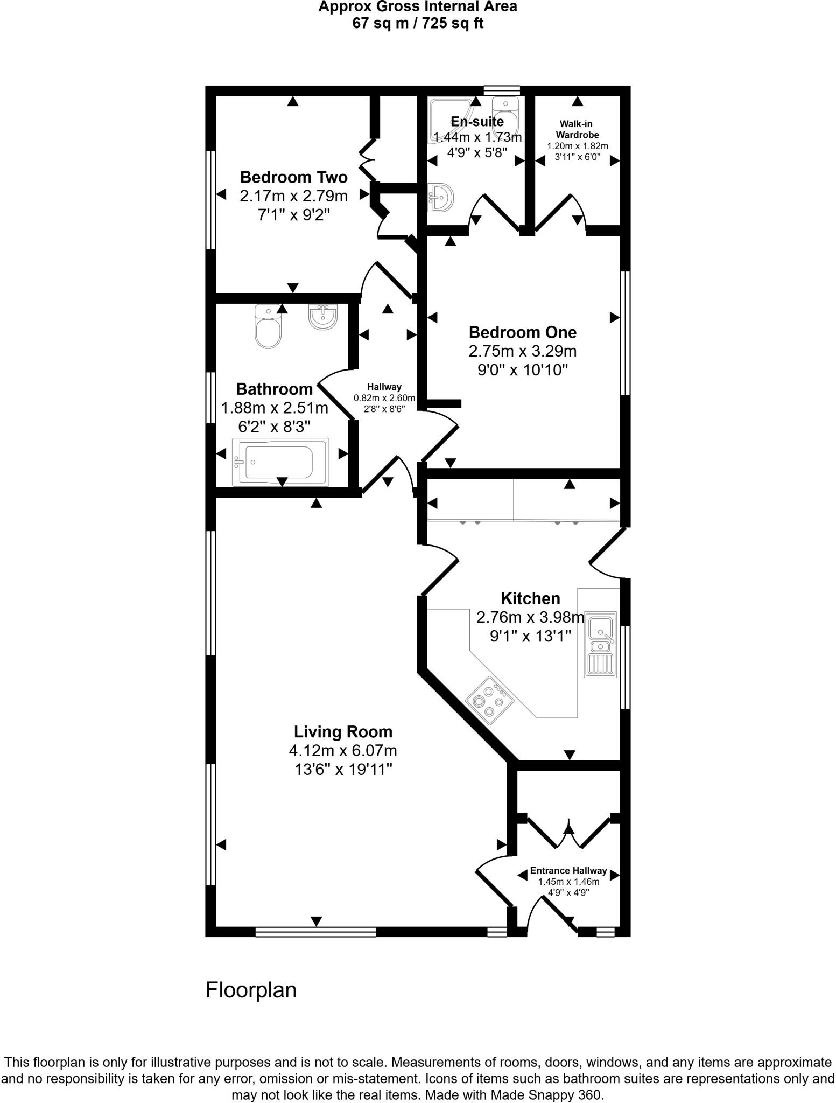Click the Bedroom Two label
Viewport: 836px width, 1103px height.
pos(293,177)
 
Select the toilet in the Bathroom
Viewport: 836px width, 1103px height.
pos(268,327)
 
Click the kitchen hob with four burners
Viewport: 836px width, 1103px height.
pos(489,700)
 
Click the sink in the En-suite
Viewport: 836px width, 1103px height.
pos(440,198)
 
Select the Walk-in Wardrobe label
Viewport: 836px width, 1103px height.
pos(577,129)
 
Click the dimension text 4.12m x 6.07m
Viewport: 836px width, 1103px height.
pos(343,750)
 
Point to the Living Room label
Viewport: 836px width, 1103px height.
pos(343,731)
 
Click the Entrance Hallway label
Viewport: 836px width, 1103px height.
pos(568,871)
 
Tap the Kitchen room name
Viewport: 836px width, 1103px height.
pos(530,598)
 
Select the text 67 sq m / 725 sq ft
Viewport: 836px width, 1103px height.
pos(418,24)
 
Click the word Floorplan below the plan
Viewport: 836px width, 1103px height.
pos(251,990)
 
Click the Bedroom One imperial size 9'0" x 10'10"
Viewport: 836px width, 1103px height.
pos(523,370)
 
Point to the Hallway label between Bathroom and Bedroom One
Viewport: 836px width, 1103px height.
pos(384,387)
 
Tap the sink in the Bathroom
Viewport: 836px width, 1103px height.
pos(323,316)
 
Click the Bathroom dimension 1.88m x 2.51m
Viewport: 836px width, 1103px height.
pos(275,408)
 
